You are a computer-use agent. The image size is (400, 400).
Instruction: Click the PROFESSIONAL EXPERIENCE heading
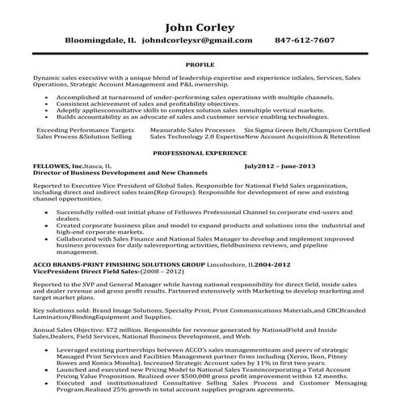(200, 152)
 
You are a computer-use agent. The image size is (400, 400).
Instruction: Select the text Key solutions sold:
(55, 310)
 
